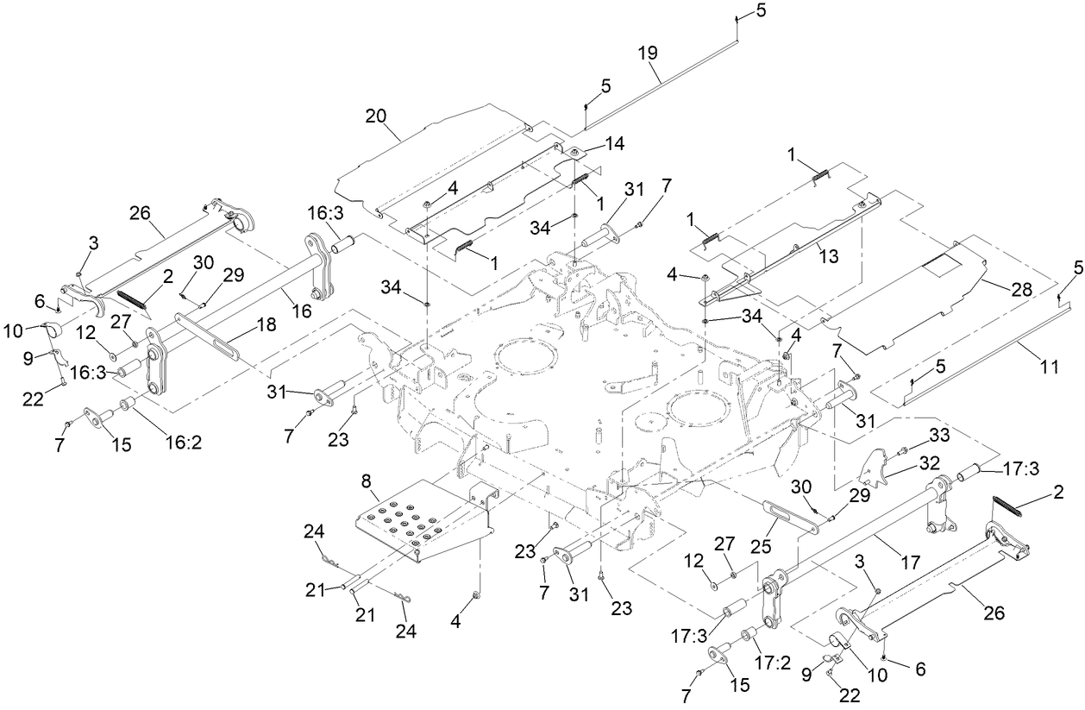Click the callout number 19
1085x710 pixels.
[648, 52]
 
